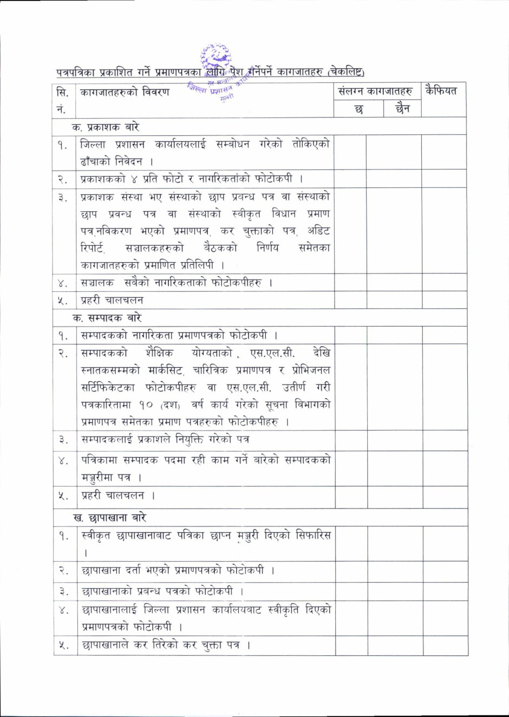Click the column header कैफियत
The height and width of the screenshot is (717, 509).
point(441,91)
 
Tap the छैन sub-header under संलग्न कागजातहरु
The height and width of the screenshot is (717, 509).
point(402,109)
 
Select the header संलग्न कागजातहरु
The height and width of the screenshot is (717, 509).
point(375,91)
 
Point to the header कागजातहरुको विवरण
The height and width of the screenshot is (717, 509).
point(125,92)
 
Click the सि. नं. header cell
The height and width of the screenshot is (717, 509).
point(62,100)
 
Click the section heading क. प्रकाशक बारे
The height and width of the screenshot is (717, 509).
point(106,127)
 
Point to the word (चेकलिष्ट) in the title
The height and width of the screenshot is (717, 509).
point(345,72)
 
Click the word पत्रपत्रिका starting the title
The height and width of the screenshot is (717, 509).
point(76,72)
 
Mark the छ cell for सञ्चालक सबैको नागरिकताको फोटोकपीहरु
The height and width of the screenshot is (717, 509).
point(350,283)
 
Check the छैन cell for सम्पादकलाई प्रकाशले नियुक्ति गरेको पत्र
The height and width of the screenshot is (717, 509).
point(394,440)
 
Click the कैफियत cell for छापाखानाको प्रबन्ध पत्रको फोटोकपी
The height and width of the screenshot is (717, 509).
point(445,591)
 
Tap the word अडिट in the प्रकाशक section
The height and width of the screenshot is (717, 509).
point(318,231)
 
